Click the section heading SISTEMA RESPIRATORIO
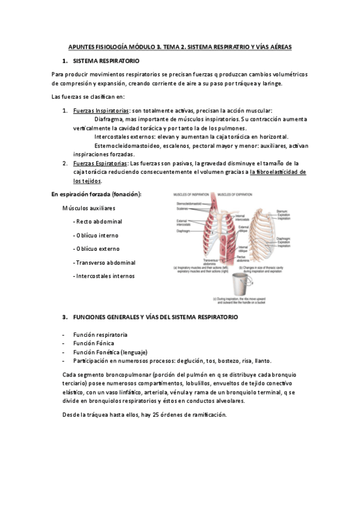[x=106, y=61]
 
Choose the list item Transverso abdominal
[x=103, y=262]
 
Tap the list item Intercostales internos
[x=105, y=276]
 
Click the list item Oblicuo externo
[x=97, y=248]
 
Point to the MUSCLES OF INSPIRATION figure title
[x=192, y=195]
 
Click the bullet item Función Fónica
[x=93, y=343]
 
